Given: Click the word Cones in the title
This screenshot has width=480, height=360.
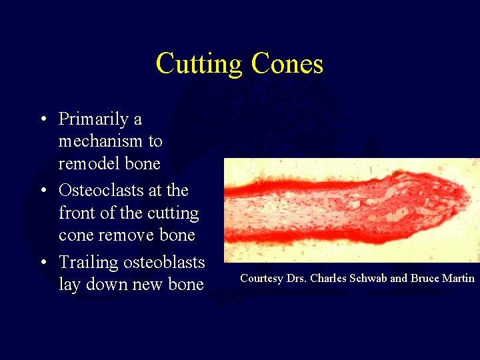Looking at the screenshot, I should (287, 64).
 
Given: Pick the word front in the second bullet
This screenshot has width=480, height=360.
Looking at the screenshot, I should (75, 213).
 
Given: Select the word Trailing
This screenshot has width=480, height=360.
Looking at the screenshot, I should (85, 263).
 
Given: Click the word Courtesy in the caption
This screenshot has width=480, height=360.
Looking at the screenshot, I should (261, 279).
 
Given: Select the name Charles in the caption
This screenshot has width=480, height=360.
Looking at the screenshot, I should (327, 278).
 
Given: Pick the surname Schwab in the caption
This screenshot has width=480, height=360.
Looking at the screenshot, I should (369, 278).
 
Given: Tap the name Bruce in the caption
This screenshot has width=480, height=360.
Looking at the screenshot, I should (424, 278).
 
